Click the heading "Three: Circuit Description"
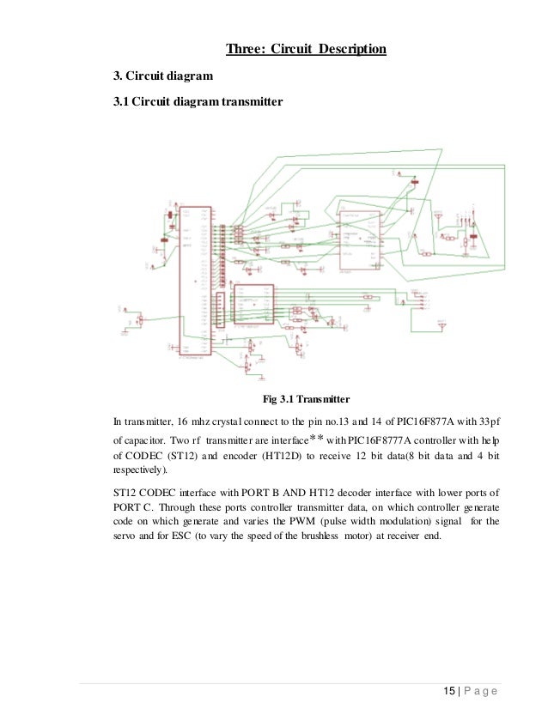306,48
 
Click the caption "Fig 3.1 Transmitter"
305,398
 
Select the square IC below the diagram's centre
253,305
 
